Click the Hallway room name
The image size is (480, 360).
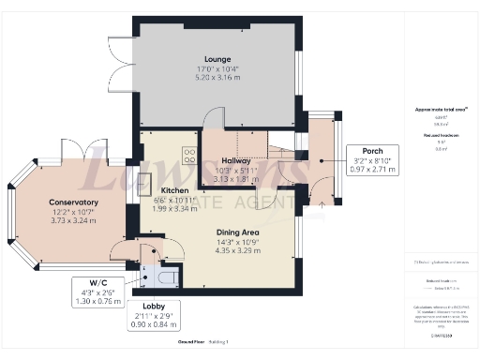228,161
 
